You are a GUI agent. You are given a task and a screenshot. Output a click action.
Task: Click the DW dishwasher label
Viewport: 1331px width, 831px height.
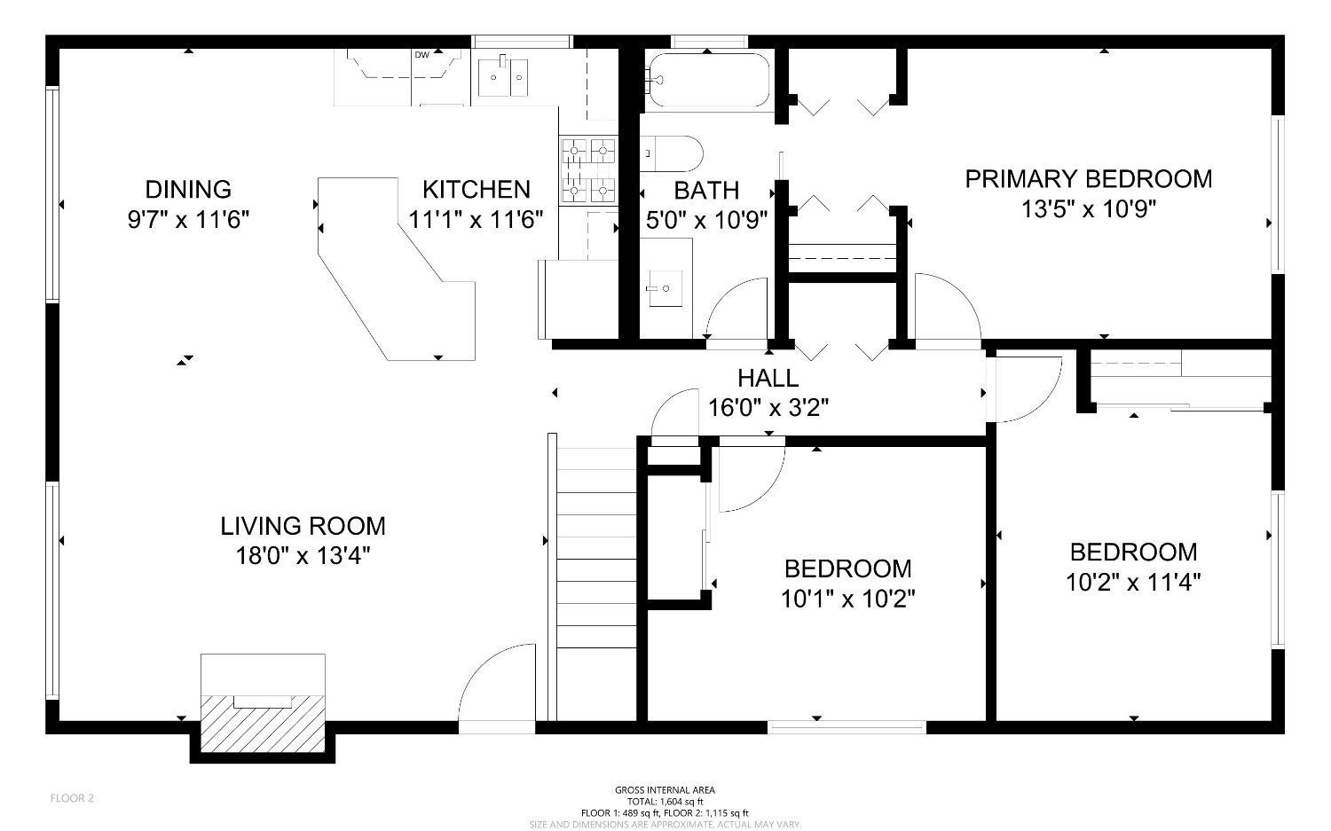point(421,55)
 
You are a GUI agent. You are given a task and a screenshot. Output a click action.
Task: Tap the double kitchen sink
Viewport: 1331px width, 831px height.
point(503,77)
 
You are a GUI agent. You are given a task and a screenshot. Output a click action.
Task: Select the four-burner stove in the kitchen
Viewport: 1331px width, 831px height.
point(587,169)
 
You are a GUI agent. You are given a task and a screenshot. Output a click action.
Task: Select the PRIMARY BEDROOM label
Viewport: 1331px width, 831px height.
point(1088,179)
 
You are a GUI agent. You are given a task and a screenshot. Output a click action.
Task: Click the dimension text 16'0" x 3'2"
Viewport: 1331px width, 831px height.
point(768,408)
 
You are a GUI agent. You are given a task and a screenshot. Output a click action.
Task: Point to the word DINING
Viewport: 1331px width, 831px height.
point(188,189)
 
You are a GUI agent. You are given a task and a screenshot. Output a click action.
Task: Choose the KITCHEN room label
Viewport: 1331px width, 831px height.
point(476,189)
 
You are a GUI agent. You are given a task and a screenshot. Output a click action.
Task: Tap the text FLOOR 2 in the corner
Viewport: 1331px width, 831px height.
point(72,798)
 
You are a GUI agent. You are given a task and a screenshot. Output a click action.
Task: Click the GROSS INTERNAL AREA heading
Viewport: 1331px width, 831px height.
point(665,789)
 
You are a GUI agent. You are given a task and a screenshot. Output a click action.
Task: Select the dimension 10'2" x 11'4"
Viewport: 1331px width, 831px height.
point(1133,583)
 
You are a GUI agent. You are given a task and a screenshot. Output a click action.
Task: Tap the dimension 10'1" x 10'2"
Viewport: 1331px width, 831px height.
point(847,599)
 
